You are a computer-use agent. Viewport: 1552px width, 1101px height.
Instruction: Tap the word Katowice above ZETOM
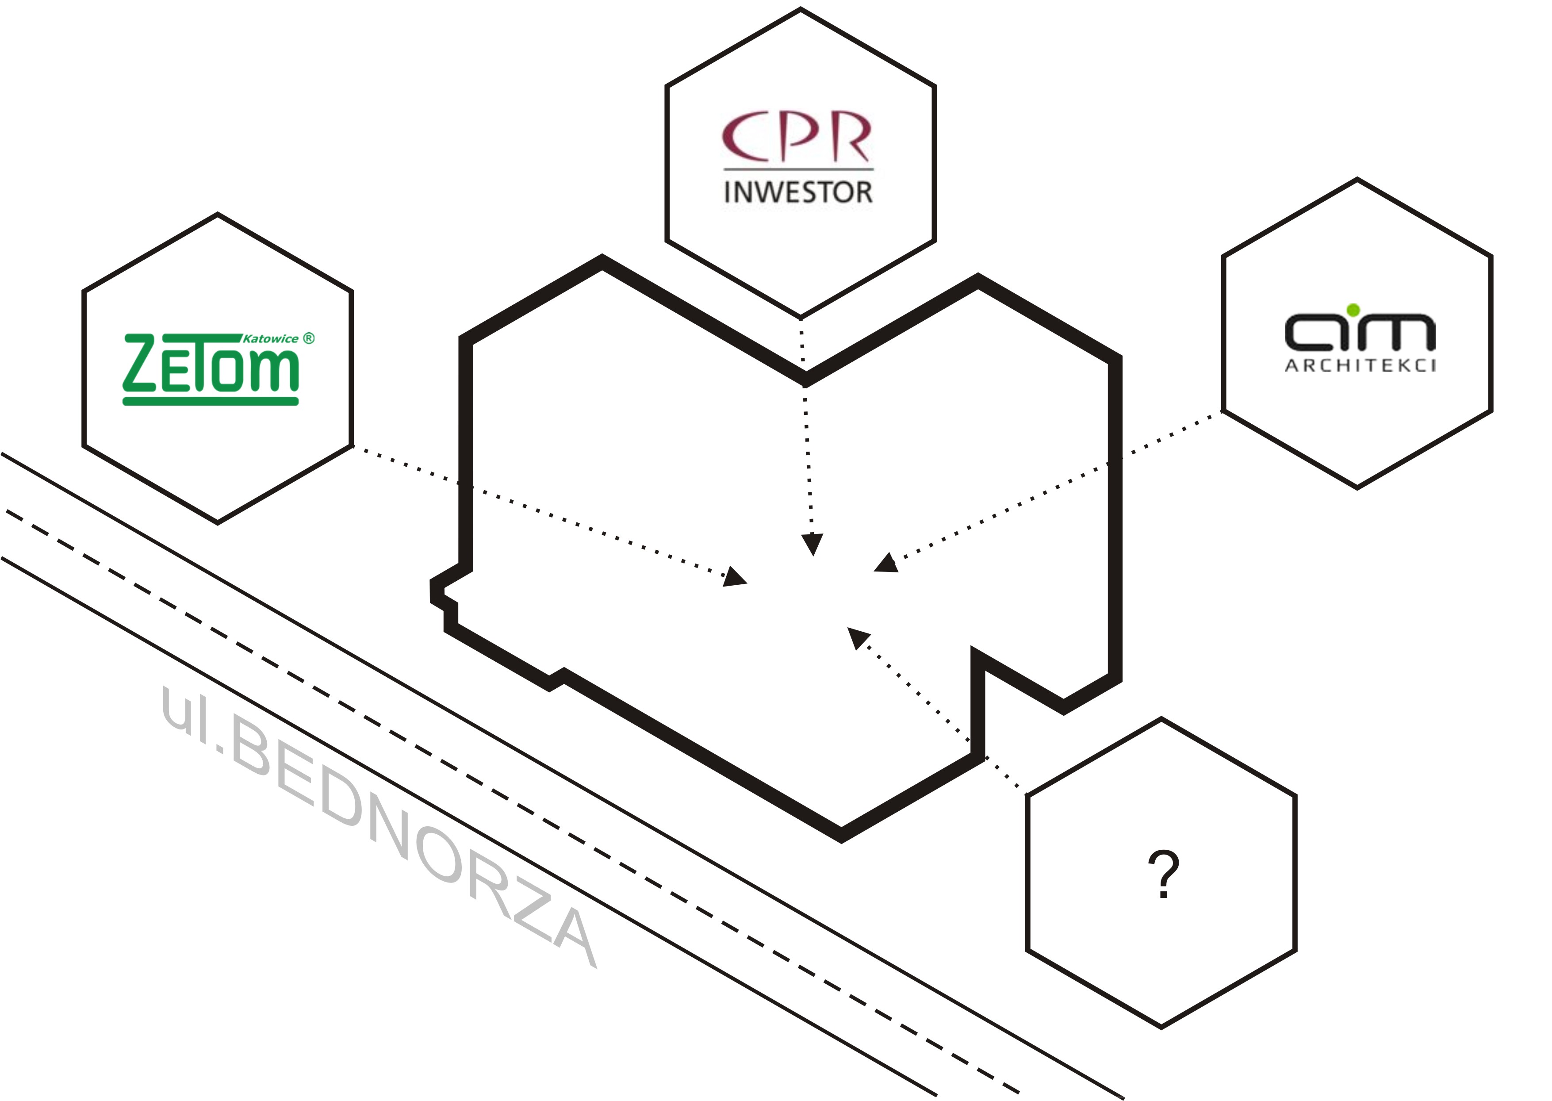tap(270, 339)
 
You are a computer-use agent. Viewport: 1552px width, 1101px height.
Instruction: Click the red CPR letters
tap(797, 138)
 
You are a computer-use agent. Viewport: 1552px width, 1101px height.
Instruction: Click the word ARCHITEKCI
tap(1360, 366)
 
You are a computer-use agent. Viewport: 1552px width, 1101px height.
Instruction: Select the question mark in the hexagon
tap(1163, 874)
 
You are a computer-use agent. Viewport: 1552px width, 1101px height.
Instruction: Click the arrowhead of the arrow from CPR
tap(812, 544)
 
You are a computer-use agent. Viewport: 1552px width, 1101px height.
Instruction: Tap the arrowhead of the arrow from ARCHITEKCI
tap(885, 564)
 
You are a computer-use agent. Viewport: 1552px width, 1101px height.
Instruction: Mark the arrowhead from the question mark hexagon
tap(858, 637)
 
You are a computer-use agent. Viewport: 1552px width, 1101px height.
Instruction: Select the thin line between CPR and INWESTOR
tap(798, 169)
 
